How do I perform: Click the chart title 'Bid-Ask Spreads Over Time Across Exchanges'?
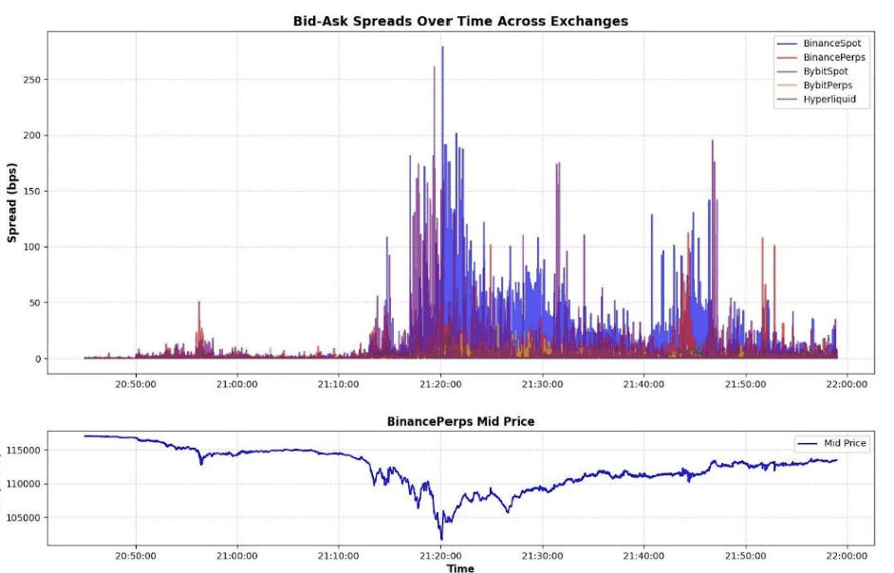point(460,21)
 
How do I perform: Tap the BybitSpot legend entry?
point(826,71)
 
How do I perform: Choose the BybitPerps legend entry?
point(828,85)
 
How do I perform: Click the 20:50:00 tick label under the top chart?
point(135,384)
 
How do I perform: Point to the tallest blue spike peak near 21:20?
point(442,47)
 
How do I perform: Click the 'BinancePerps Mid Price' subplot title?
point(460,421)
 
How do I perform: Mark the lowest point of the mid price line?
point(441,539)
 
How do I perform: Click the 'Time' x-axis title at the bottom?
point(460,568)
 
